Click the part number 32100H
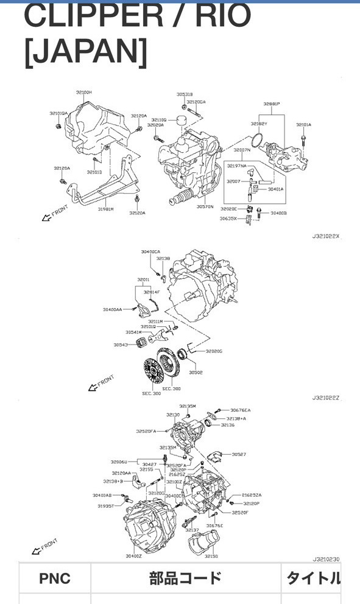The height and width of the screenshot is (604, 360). click(83, 92)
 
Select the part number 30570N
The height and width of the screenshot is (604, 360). click(205, 206)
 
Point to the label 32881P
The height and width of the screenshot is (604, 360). click(272, 104)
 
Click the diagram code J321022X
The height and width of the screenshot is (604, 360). click(326, 236)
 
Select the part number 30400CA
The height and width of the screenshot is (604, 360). click(150, 251)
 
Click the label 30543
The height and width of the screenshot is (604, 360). click(120, 345)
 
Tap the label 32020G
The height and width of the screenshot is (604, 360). click(214, 351)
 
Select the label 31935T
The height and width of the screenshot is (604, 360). click(105, 505)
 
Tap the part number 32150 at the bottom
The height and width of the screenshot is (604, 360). click(211, 556)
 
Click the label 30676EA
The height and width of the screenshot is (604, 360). click(241, 410)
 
